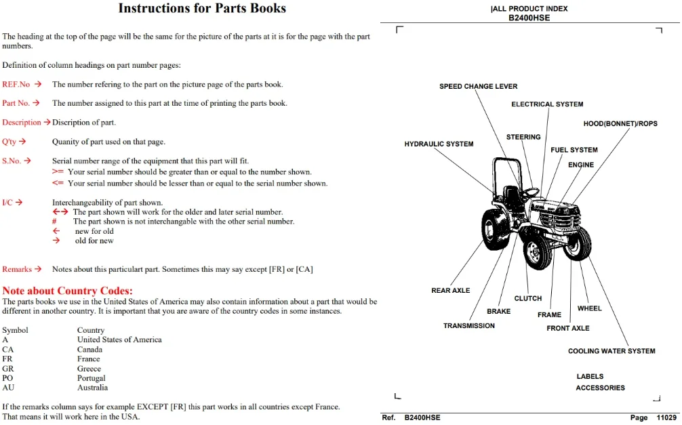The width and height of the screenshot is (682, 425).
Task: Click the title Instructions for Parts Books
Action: pyautogui.click(x=202, y=8)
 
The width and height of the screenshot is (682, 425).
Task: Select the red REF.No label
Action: pyautogui.click(x=16, y=85)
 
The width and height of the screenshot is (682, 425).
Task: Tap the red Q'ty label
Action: pyautogui.click(x=9, y=142)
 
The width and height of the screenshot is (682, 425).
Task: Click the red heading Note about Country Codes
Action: pyautogui.click(x=67, y=291)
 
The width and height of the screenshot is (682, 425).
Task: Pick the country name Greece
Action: pyautogui.click(x=89, y=369)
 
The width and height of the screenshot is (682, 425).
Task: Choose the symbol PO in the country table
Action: pyautogui.click(x=7, y=378)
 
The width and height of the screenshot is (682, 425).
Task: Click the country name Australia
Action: pyautogui.click(x=93, y=388)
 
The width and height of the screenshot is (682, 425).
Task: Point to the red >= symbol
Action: pyautogui.click(x=58, y=171)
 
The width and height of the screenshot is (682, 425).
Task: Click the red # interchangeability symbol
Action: pyautogui.click(x=54, y=222)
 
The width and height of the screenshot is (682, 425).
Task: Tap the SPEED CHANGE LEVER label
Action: pyautogui.click(x=479, y=86)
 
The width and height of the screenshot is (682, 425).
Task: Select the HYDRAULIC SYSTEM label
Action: pyautogui.click(x=439, y=144)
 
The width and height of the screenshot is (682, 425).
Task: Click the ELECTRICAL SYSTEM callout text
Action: pyautogui.click(x=547, y=104)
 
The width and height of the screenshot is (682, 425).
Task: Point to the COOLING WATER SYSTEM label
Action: pyautogui.click(x=611, y=351)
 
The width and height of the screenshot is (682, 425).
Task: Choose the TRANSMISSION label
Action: pyautogui.click(x=469, y=326)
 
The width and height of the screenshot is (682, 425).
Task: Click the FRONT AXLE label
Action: pyautogui.click(x=568, y=329)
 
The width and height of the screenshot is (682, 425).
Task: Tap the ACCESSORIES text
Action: pyautogui.click(x=600, y=388)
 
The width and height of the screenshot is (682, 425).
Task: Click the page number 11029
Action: pyautogui.click(x=666, y=418)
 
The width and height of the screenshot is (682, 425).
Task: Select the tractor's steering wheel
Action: pyautogui.click(x=531, y=192)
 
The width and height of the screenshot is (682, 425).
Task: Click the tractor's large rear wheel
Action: pyautogui.click(x=496, y=229)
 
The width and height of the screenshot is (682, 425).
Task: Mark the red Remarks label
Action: pyautogui.click(x=16, y=269)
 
